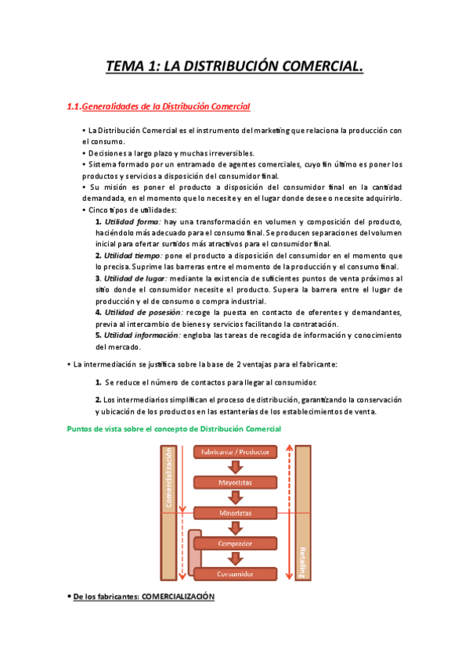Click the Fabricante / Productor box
235,453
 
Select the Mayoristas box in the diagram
235,483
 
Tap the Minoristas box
235,513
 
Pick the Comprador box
235,543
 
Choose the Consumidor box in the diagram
235,573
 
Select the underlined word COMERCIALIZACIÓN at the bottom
178,597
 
